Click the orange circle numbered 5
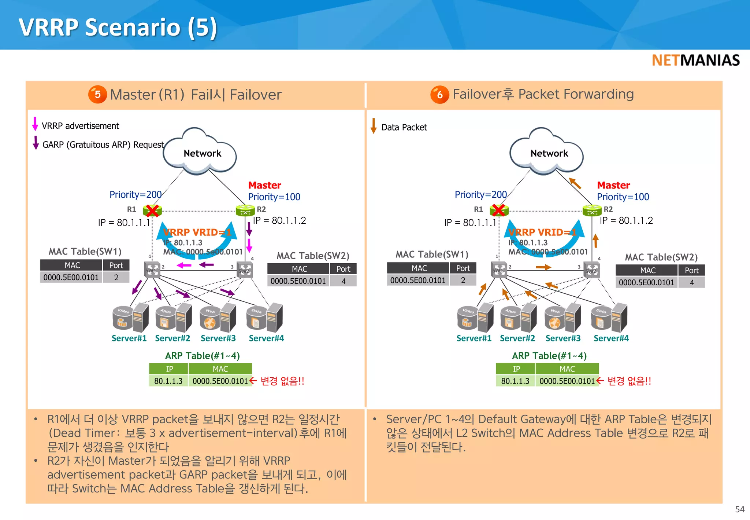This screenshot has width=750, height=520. [97, 94]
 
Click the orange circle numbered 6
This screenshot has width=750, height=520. [439, 95]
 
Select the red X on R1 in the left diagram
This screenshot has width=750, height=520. [152, 211]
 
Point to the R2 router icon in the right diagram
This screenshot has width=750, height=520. [592, 211]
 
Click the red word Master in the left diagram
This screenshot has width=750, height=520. [264, 185]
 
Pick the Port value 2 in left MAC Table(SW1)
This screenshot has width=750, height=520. [116, 278]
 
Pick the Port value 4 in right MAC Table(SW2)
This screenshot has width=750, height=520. [691, 282]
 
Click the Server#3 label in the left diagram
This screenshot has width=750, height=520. [218, 338]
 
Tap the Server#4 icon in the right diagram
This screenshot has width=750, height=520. [610, 317]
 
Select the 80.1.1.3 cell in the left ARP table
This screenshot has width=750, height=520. [168, 381]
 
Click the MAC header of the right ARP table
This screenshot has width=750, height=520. [567, 369]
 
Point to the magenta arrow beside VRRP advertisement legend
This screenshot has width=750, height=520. [35, 124]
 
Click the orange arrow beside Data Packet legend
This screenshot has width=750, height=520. [374, 126]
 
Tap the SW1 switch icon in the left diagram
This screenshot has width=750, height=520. [152, 270]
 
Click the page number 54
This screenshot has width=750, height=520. [739, 509]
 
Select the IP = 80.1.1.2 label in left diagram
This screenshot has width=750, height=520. [279, 220]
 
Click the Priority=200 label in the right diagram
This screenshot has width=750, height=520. [480, 194]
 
